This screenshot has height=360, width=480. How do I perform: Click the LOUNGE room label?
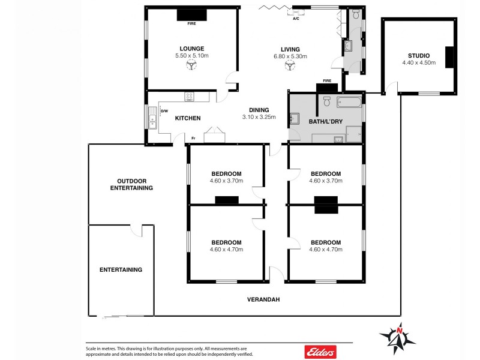point(191,49)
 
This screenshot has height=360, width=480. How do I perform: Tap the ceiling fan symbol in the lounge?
point(191,67)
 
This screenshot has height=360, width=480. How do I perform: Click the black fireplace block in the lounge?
point(191,15)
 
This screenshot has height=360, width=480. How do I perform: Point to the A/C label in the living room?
point(296,19)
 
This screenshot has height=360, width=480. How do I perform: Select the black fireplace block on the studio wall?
point(448,56)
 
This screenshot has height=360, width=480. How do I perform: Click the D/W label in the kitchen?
point(164,110)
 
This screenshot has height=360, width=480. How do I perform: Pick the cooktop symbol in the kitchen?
point(190,96)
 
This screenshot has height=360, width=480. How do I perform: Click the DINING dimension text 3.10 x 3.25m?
point(259,117)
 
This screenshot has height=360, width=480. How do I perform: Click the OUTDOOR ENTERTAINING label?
point(131,184)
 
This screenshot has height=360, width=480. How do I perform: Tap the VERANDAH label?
point(263,299)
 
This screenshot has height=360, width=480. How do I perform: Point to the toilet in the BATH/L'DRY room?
point(327,100)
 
